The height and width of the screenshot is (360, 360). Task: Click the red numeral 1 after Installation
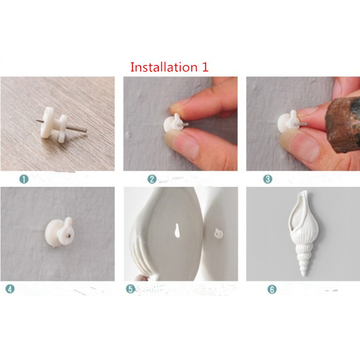pyautogui.click(x=205, y=67)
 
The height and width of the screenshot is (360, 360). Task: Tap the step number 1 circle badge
pyautogui.click(x=24, y=179)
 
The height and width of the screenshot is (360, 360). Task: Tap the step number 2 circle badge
pyautogui.click(x=152, y=179)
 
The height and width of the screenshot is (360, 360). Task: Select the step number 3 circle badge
pyautogui.click(x=268, y=179)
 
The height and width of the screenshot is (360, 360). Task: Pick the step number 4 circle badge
pyautogui.click(x=10, y=289)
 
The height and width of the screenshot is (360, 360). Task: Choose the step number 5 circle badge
pyautogui.click(x=130, y=289)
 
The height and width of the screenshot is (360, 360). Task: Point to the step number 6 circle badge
pyautogui.click(x=272, y=289)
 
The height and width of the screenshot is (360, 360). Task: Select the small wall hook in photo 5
pyautogui.click(x=218, y=233)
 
